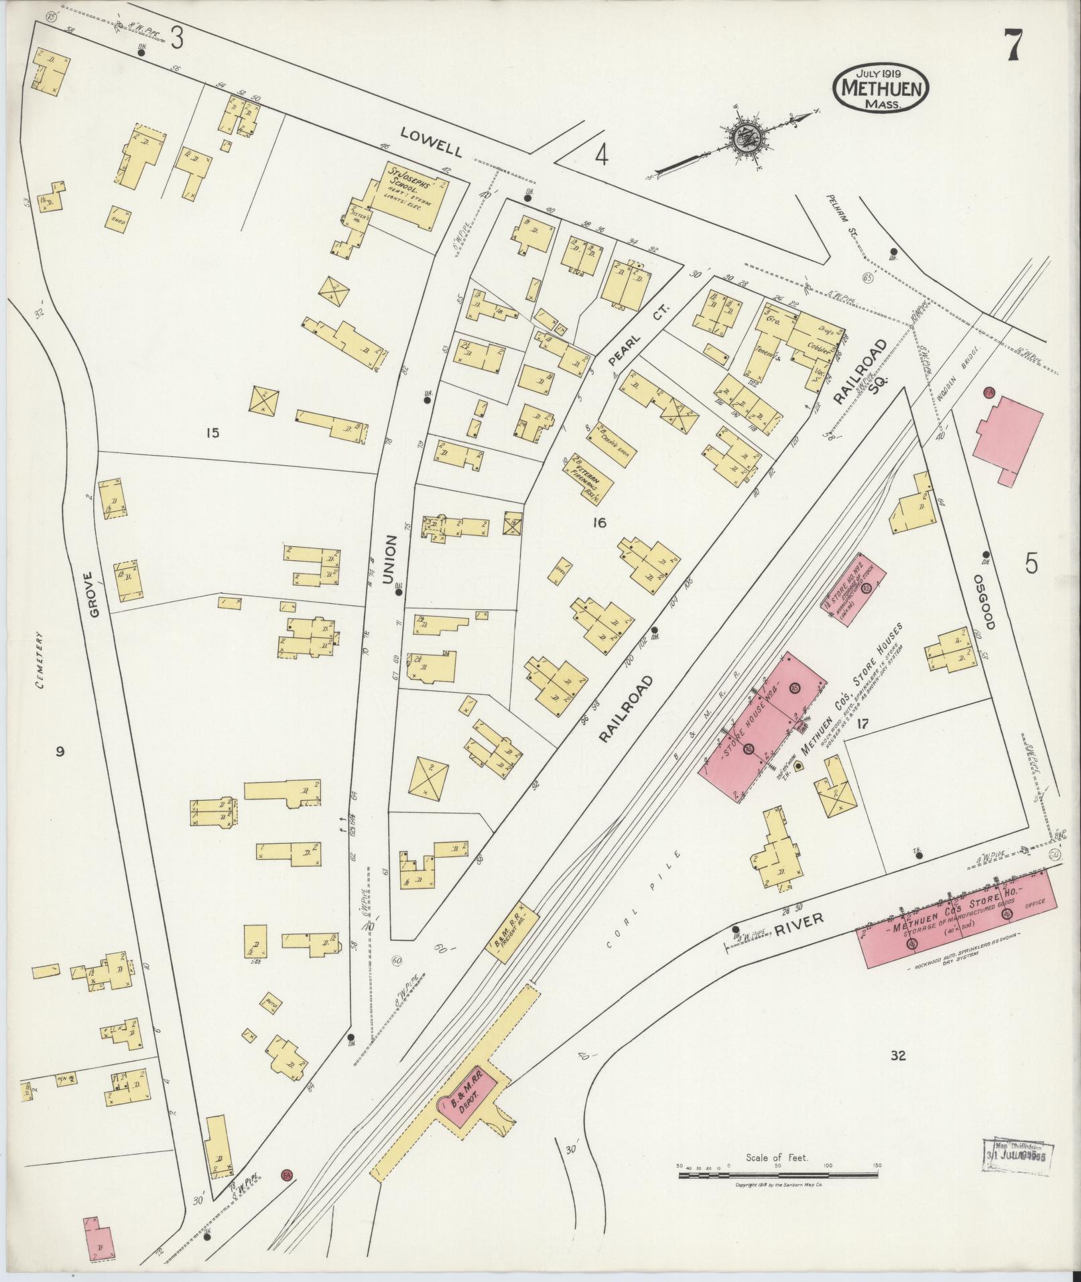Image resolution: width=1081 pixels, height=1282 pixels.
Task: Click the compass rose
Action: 744,139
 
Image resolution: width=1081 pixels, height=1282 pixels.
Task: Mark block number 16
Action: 599,522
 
